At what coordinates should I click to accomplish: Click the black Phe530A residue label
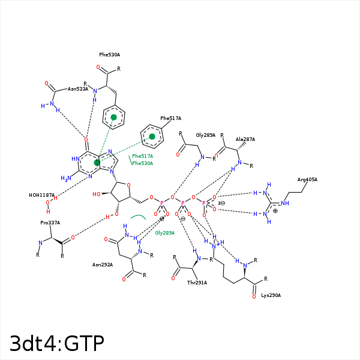[110, 55]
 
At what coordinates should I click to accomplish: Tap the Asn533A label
[78, 89]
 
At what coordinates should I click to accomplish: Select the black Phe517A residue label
[170, 118]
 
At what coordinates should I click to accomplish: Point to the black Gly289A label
[205, 135]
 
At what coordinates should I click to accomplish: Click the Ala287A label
[245, 139]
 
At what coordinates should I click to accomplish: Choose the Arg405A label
[307, 179]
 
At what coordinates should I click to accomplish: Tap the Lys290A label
[271, 295]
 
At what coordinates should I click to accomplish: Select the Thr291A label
[197, 283]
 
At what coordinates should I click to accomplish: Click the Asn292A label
[103, 265]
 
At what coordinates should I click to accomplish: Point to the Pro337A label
[50, 223]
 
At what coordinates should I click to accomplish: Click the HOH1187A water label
[42, 195]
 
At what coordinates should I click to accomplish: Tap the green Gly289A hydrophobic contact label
[165, 233]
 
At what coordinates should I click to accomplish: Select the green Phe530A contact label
[143, 163]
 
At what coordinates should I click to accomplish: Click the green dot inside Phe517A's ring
[152, 137]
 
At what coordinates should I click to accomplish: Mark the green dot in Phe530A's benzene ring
[113, 118]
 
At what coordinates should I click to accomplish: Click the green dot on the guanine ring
[97, 163]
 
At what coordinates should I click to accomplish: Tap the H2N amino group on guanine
[66, 178]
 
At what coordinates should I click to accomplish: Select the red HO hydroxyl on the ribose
[97, 194]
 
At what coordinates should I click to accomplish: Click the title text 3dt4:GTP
[57, 343]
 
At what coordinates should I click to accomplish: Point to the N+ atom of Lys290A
[215, 246]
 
